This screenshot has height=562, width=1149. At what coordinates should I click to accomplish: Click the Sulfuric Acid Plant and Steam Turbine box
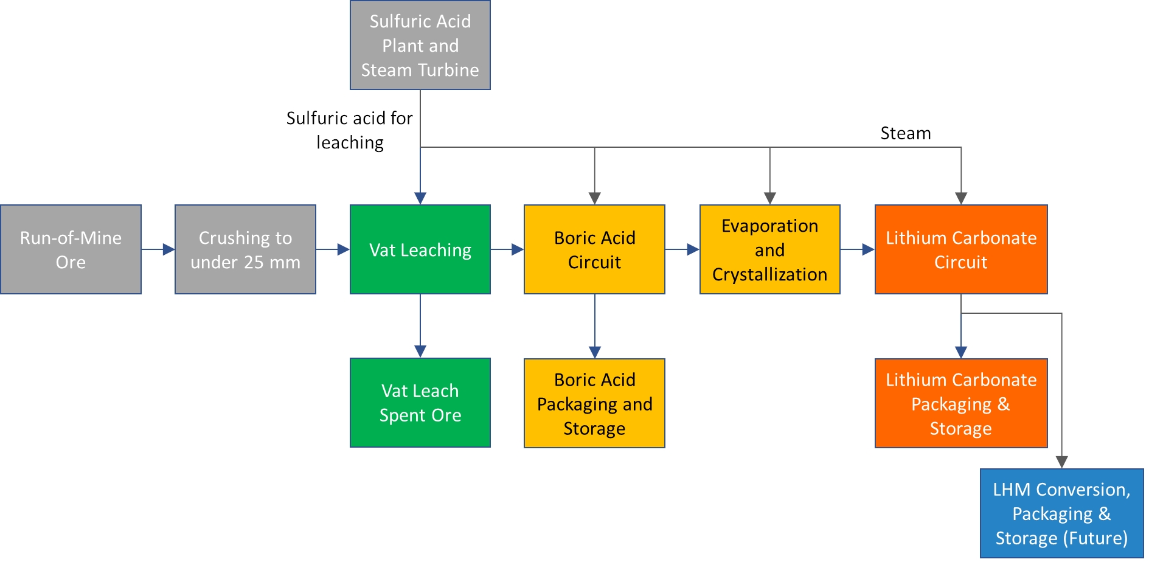coord(420,46)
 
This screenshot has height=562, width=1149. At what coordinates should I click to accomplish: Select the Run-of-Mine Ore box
coord(71,249)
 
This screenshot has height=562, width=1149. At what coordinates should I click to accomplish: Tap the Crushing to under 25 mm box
coord(245,249)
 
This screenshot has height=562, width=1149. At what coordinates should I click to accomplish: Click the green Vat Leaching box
coord(420,249)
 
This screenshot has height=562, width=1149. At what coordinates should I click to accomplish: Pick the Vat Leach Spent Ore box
coord(420,403)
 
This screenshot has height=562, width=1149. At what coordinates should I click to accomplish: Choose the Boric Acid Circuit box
coord(594,249)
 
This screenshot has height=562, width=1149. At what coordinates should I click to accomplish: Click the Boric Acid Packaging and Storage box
coord(594,403)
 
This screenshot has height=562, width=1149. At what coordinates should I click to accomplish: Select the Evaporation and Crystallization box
coord(769,249)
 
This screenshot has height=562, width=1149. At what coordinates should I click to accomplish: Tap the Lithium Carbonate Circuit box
coord(960,249)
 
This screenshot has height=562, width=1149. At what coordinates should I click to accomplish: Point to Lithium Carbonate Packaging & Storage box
coord(960,403)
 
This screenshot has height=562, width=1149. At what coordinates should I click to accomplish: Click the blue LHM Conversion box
coord(1061,513)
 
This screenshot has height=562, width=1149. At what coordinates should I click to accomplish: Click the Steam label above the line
coord(905,133)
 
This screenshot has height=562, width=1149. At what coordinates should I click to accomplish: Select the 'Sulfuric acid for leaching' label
coord(350,130)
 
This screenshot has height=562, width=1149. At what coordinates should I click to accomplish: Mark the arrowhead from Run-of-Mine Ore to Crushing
coord(168,249)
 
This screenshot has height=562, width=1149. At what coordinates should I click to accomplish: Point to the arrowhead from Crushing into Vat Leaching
coord(344,249)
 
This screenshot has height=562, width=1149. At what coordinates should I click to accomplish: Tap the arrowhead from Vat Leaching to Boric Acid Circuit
coord(518,249)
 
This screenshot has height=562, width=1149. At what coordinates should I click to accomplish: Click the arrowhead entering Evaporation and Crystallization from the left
coord(693,249)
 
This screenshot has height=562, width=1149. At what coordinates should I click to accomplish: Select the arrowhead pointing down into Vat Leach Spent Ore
coord(420,352)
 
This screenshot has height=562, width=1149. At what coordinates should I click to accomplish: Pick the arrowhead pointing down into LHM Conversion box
coord(1061,462)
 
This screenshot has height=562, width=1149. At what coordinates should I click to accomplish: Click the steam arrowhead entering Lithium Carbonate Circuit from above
coord(960,198)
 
